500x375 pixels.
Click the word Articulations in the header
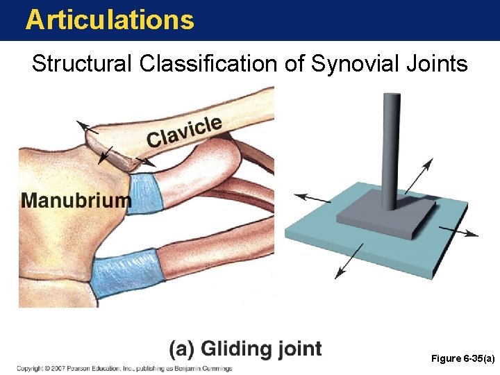coord(110,19)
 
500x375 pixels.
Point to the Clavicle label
coord(184,132)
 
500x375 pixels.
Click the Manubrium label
coord(76,201)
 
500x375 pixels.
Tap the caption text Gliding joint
coord(246,348)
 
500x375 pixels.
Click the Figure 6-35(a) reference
coord(462,358)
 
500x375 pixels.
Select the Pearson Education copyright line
coord(125,368)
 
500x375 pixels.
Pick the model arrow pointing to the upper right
coord(419,175)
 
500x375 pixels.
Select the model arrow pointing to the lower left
coord(348,262)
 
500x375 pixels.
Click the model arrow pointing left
coord(312,199)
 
